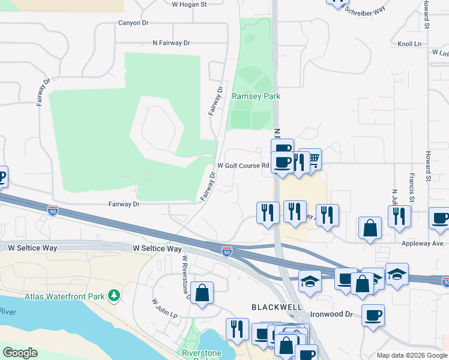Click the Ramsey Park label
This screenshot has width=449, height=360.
(256, 96)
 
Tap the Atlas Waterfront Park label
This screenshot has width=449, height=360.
(64, 296)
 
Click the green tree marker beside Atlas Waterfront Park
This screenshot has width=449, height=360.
(113, 295)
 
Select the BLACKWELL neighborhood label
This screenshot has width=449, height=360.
(276, 307)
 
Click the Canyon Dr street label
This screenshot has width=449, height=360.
(133, 23)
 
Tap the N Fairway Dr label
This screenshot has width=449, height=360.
(171, 43)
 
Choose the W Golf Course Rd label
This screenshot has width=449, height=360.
(243, 166)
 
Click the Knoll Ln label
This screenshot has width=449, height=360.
(409, 44)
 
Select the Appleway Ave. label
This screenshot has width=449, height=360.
(424, 244)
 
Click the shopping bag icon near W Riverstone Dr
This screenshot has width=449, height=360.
(202, 293)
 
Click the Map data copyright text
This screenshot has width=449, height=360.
(412, 355)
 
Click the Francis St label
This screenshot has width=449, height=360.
(411, 188)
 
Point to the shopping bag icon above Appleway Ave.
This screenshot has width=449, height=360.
(370, 227)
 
